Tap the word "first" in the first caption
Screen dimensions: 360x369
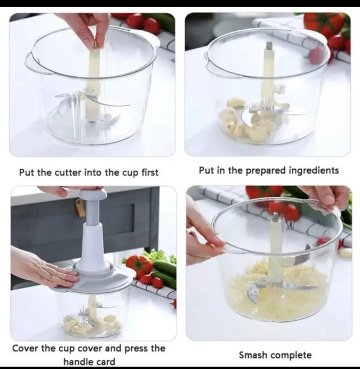point(150,173)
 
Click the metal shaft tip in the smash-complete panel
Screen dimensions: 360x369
point(275,218)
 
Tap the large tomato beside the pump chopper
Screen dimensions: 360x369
point(139,263)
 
